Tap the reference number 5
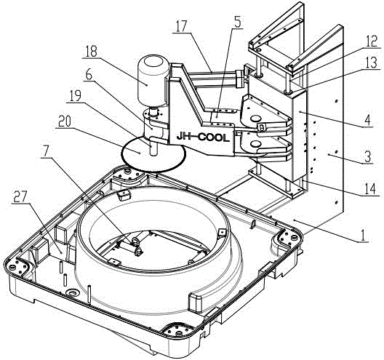237,22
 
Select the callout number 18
90,52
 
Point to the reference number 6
89,75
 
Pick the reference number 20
64,121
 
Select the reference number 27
20,197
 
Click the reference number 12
372,41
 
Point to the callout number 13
372,63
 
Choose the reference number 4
368,120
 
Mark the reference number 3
368,156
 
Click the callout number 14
370,189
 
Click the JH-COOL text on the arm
203,137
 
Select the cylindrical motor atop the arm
153,80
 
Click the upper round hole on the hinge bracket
256,119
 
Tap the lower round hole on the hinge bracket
255,144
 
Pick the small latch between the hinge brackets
261,127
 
